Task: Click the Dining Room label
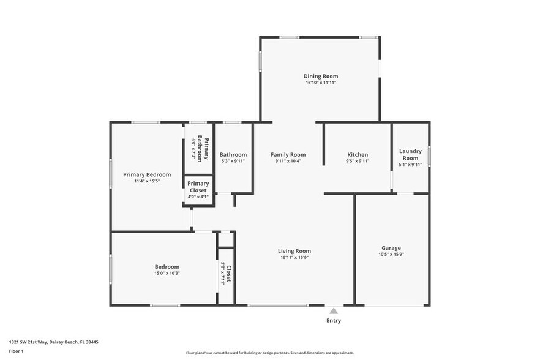tap(321, 76)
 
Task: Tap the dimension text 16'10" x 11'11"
tap(321, 83)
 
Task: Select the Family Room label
tap(288, 154)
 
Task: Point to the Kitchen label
tap(358, 154)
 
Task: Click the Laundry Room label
tap(410, 154)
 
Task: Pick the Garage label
tap(391, 248)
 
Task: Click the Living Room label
tap(294, 250)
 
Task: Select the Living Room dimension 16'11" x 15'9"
tap(294, 257)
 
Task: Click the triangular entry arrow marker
tap(334, 311)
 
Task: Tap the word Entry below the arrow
tap(334, 320)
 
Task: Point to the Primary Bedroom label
tap(147, 174)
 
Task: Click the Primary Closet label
tap(198, 187)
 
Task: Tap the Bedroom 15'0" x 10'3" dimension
tap(167, 273)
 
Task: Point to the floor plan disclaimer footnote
tap(269, 353)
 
